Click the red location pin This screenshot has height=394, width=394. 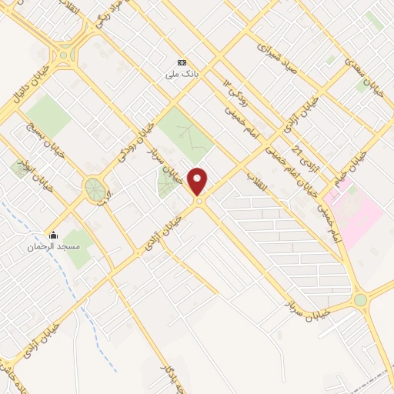(198, 180)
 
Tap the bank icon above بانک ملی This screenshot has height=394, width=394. (182, 63)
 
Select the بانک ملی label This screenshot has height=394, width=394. (182, 75)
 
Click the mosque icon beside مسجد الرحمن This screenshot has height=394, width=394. (53, 235)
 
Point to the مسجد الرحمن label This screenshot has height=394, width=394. (53, 247)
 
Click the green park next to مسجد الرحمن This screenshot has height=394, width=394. (77, 248)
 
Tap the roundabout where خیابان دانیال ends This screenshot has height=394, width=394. (62, 55)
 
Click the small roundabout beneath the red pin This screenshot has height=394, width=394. (199, 202)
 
